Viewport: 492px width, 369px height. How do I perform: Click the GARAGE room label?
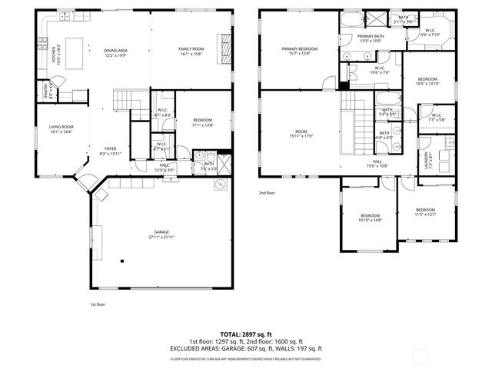pos(161,234)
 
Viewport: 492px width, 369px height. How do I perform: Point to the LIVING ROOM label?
pos(61,129)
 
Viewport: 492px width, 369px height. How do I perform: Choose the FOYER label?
pos(111,151)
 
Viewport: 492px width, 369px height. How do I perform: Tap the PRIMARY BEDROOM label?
pos(298,51)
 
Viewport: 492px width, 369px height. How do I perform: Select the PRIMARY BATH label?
pos(371,38)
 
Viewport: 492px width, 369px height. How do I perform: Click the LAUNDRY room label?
pos(427,160)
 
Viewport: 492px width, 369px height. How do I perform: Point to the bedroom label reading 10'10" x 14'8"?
pos(370,218)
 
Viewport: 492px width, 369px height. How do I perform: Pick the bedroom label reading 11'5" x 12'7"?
pos(425,211)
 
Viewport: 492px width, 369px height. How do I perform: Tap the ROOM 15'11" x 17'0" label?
pos(301,134)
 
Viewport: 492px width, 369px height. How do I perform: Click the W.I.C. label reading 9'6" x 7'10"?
pos(430,32)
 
